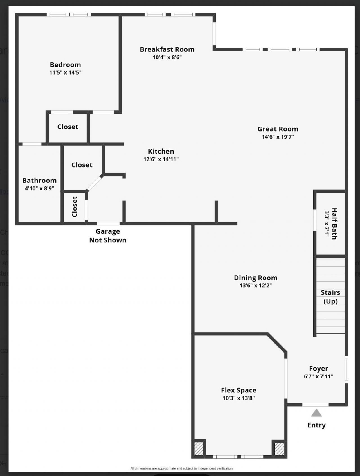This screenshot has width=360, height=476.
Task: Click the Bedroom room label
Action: [x=65, y=65]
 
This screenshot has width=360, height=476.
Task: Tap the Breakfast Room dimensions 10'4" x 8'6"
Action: [x=167, y=57]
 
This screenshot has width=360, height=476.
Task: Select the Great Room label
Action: [x=278, y=129]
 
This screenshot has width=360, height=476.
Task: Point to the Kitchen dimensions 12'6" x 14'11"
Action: [x=161, y=159]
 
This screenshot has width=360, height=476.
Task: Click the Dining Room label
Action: [x=255, y=278]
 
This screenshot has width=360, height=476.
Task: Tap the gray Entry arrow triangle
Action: [x=316, y=413]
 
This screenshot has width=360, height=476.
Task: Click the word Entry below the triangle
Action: [x=316, y=425]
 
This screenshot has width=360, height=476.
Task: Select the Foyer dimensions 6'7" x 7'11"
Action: [x=318, y=376]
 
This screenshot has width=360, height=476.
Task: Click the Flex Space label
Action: [x=238, y=390]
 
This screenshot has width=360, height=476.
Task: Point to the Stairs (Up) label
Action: [x=330, y=297]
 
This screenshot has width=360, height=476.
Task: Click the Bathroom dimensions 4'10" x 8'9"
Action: [x=39, y=188]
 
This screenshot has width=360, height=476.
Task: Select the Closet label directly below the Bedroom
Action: [x=67, y=127]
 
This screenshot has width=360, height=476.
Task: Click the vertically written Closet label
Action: [x=75, y=207]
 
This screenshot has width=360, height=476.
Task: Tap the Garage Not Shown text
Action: [x=108, y=236]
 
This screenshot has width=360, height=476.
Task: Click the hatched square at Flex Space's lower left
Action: [x=199, y=449]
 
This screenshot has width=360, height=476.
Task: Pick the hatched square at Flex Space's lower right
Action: [x=279, y=449]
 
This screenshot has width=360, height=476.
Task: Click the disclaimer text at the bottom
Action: [x=181, y=468]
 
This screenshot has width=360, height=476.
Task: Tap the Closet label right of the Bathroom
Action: [x=82, y=165]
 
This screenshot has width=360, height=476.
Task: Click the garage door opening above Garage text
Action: [x=108, y=224]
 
